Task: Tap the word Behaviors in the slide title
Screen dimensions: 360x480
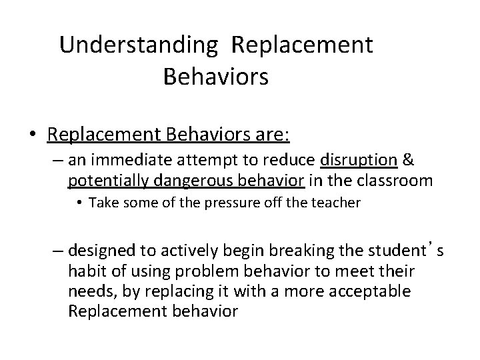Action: [215, 77]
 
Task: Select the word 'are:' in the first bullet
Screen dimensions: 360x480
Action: [269, 134]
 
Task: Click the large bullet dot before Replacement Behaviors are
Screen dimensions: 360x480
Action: [32, 135]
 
